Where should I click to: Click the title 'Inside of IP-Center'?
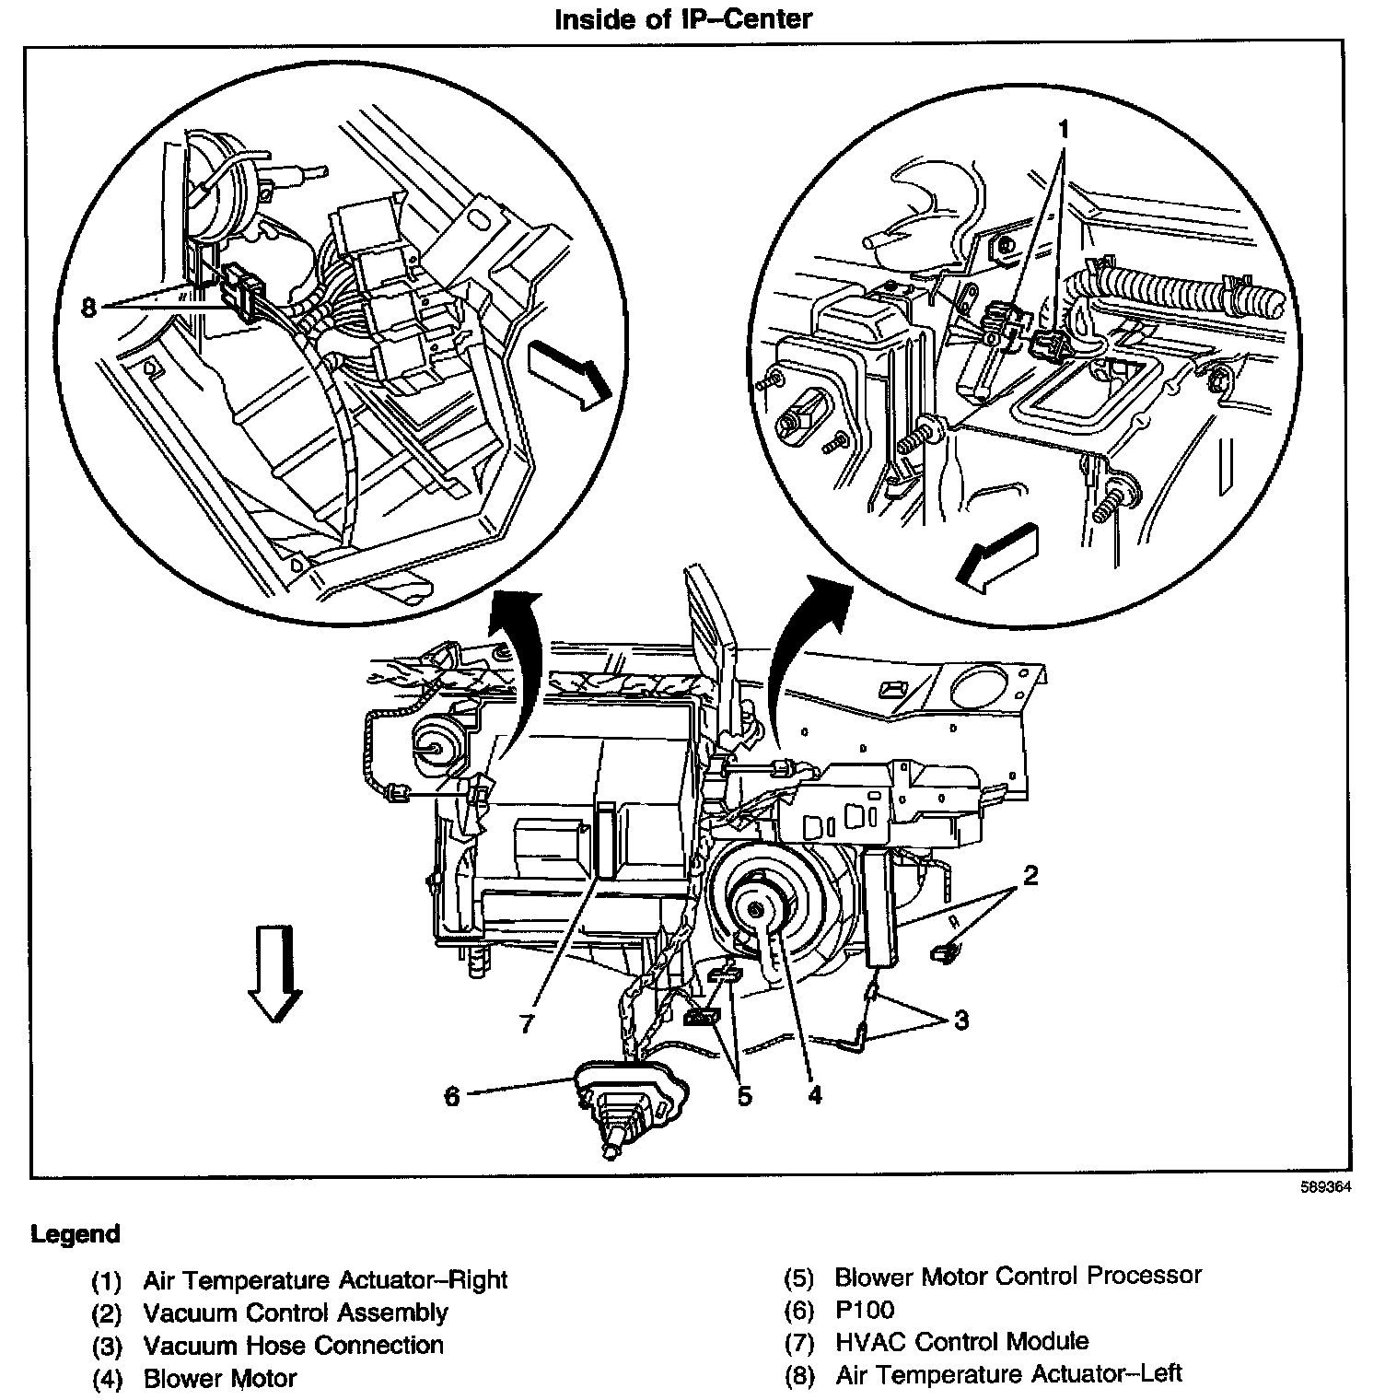pos(682,19)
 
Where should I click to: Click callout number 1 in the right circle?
pos(1064,130)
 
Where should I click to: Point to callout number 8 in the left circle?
pos(88,307)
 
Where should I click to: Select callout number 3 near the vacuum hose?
pos(960,1020)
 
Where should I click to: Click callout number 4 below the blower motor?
pos(814,1094)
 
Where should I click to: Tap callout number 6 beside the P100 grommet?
pos(452,1096)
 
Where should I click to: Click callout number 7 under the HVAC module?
pos(527,1022)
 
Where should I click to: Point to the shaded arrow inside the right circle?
pos(996,555)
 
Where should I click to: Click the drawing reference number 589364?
pos(1325,1187)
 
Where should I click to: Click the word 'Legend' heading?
pos(76,1233)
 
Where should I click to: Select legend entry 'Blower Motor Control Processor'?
pos(1018,1276)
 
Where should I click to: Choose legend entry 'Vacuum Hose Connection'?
pos(293,1345)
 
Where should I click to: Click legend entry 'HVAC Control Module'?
pos(961,1341)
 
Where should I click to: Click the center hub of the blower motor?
pos(755,909)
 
